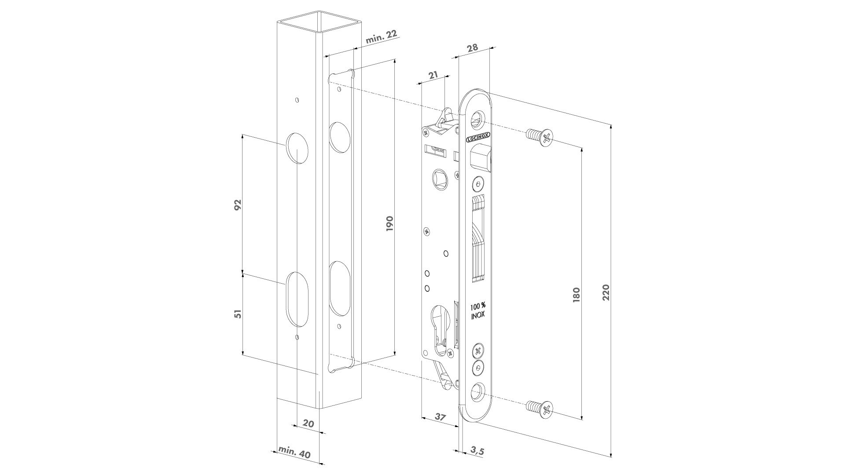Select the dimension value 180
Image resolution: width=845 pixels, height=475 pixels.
[577, 294]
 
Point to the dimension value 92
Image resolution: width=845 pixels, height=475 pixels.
[238, 205]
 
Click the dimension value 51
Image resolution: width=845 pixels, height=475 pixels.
[238, 314]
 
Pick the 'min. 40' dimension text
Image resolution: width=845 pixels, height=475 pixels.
[294, 453]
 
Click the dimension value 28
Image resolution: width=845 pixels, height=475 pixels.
[472, 48]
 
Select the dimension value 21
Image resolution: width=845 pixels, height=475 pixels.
[433, 75]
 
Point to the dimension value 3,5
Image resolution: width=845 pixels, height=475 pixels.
[477, 450]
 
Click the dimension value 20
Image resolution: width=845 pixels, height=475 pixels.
[309, 424]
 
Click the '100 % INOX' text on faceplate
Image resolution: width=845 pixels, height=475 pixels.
[478, 311]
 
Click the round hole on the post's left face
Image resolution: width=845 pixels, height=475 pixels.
[297, 148]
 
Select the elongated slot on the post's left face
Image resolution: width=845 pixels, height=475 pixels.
[297, 299]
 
